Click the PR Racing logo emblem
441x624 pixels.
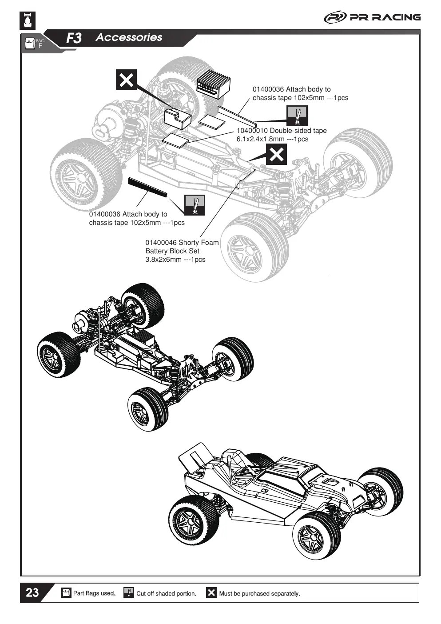click(335, 17)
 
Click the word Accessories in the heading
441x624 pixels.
click(129, 37)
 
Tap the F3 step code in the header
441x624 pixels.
click(74, 38)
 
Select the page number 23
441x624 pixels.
click(32, 592)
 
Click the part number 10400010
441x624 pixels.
click(252, 130)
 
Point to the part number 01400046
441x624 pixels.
click(161, 242)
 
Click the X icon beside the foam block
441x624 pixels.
click(126, 80)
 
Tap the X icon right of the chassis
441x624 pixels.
click(277, 154)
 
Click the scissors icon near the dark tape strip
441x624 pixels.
click(195, 205)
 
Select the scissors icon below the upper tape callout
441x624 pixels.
click(297, 116)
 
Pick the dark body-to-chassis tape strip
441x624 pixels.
click(147, 187)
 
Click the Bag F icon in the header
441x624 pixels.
click(34, 44)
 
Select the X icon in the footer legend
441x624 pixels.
click(211, 592)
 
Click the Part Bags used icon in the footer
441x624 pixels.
click(66, 592)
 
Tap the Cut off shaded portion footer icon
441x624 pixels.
click(129, 592)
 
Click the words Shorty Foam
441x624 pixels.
click(199, 243)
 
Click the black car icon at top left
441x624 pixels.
click(28, 20)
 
